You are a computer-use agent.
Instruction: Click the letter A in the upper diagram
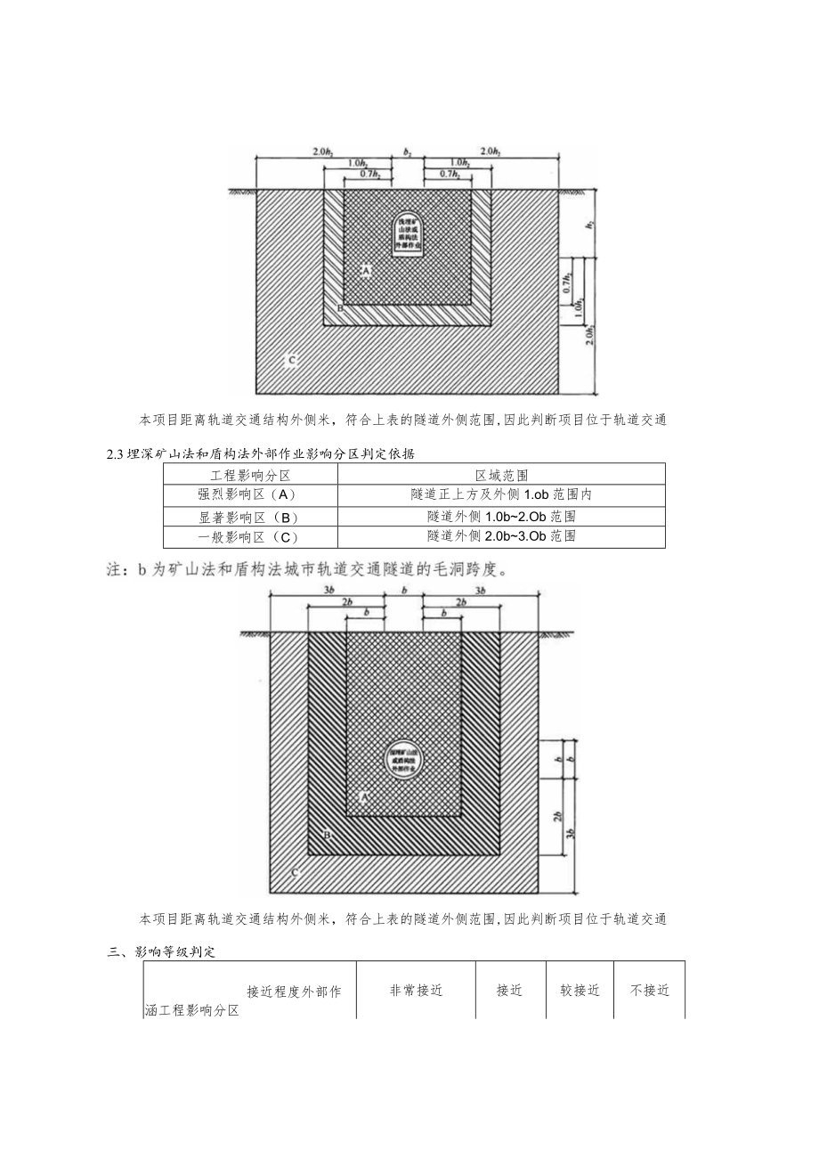(365, 268)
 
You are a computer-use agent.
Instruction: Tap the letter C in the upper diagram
(289, 361)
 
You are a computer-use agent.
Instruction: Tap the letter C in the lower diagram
(295, 873)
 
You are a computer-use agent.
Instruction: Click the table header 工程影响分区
(250, 475)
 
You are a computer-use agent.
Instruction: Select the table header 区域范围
(501, 475)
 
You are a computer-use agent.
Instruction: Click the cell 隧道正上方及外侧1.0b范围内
(501, 495)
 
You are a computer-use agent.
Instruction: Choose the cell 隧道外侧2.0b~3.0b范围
(501, 536)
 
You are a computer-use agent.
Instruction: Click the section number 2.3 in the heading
(113, 454)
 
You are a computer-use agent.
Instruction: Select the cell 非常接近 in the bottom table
(416, 990)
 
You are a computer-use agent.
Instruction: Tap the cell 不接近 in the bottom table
(650, 990)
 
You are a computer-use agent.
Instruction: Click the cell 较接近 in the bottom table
(580, 990)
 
